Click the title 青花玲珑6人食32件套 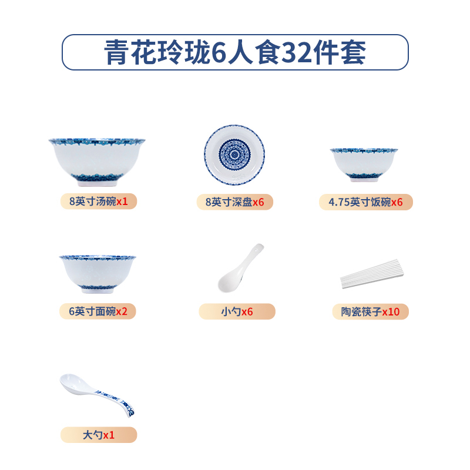tap(235, 53)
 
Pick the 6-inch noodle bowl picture tap(98, 273)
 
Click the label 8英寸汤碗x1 tap(98, 201)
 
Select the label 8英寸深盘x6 tap(235, 202)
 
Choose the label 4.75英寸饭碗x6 tap(366, 202)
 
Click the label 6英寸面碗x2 tap(98, 311)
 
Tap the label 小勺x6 tap(237, 311)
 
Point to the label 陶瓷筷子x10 tap(370, 311)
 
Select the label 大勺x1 tap(98, 435)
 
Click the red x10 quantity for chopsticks tap(391, 311)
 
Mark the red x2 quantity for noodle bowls tap(121, 311)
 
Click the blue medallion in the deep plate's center tap(235, 154)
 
